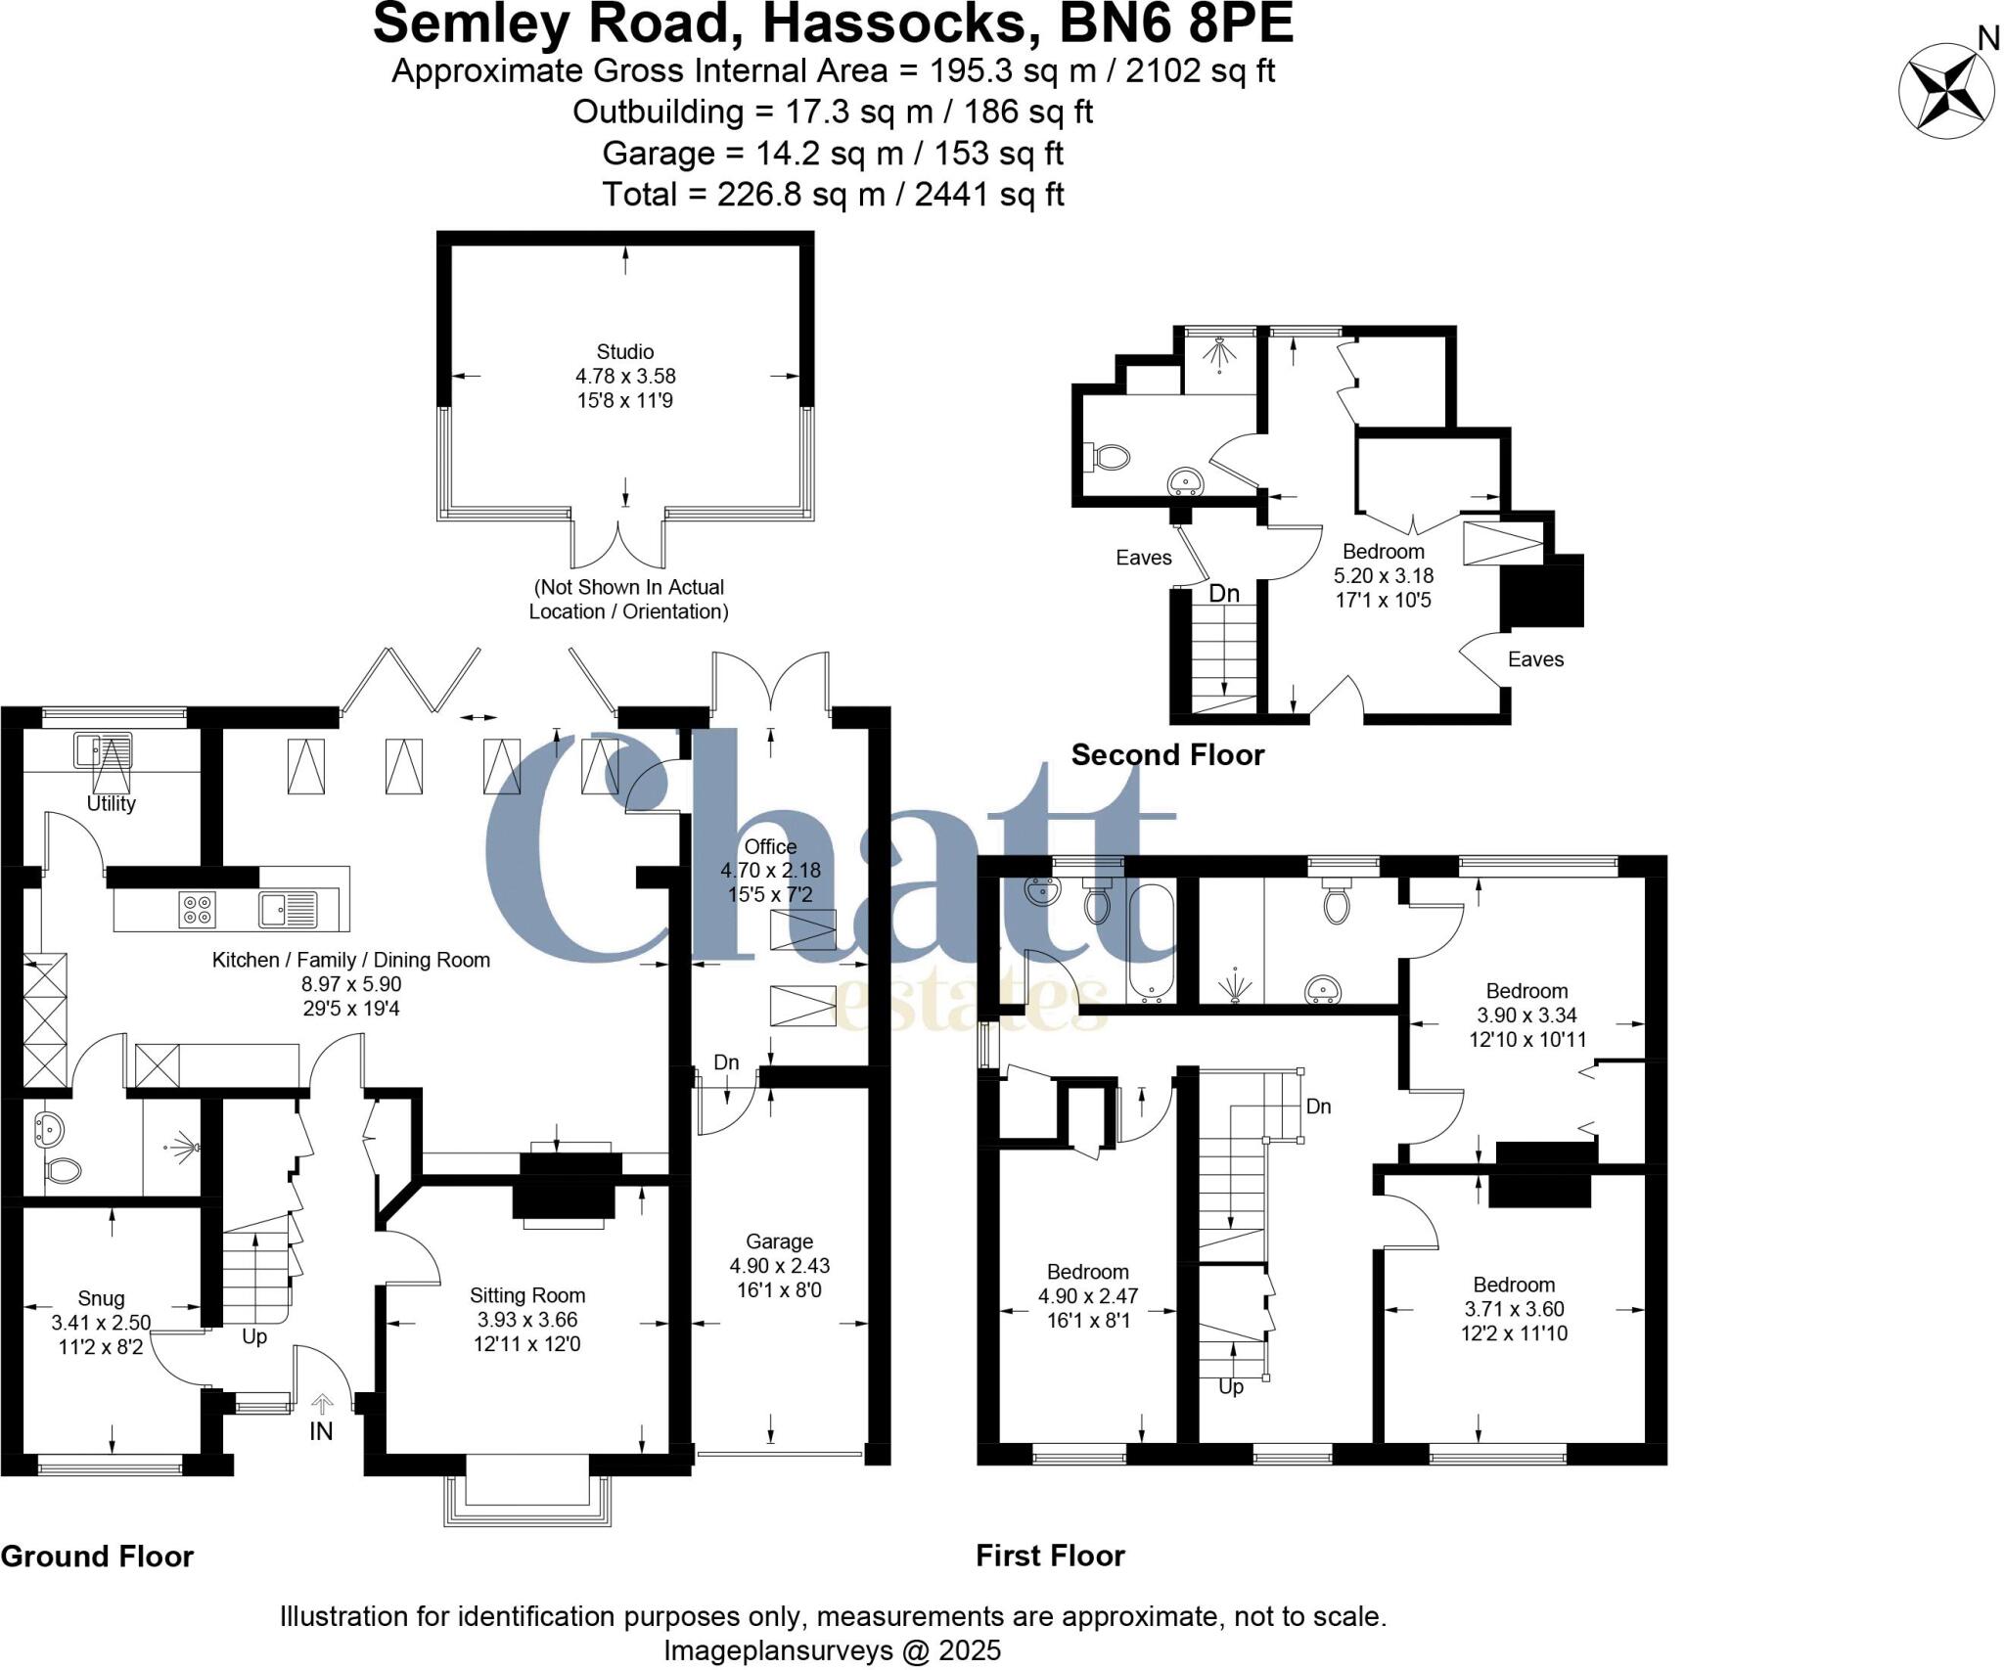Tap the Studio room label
(625, 352)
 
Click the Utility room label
(111, 803)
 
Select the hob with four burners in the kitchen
(197, 910)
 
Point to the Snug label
(101, 1298)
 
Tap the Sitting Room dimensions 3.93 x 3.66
(526, 1320)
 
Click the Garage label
(779, 1241)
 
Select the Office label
(770, 846)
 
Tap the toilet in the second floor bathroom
(1110, 457)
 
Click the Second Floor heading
(1167, 755)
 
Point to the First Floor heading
(1050, 1556)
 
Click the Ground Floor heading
(97, 1557)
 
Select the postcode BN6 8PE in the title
(1177, 23)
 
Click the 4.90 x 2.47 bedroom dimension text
(1087, 1296)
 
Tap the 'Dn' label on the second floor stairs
(1223, 593)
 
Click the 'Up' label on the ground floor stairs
(253, 1336)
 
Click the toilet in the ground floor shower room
(64, 1169)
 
